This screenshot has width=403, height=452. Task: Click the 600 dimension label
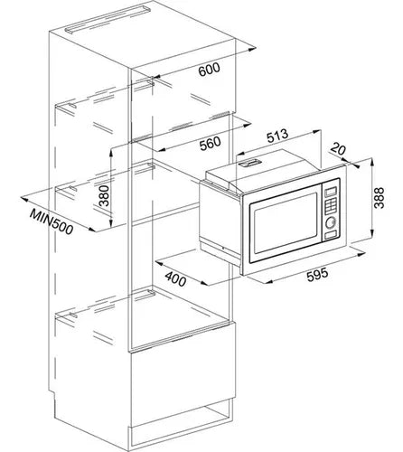(x=210, y=70)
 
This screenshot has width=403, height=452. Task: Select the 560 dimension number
(x=211, y=143)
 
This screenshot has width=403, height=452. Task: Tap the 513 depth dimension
(x=277, y=136)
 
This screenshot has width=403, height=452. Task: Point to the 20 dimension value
(x=337, y=149)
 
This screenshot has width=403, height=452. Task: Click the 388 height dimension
(x=379, y=198)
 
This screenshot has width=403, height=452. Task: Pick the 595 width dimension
(x=317, y=275)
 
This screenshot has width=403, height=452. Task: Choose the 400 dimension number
(x=175, y=279)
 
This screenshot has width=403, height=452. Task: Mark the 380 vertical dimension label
(x=104, y=195)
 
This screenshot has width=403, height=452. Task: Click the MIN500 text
(x=52, y=222)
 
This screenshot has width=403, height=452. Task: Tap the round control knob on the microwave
(x=331, y=222)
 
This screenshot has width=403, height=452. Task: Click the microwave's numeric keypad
(x=331, y=205)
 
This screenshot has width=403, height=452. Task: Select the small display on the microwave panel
(x=331, y=191)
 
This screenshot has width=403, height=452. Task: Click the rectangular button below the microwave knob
(x=331, y=234)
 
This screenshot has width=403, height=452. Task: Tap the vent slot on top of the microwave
(x=249, y=163)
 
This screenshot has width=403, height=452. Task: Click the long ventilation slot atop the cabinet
(x=108, y=19)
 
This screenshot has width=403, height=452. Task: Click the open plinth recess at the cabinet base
(x=181, y=419)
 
